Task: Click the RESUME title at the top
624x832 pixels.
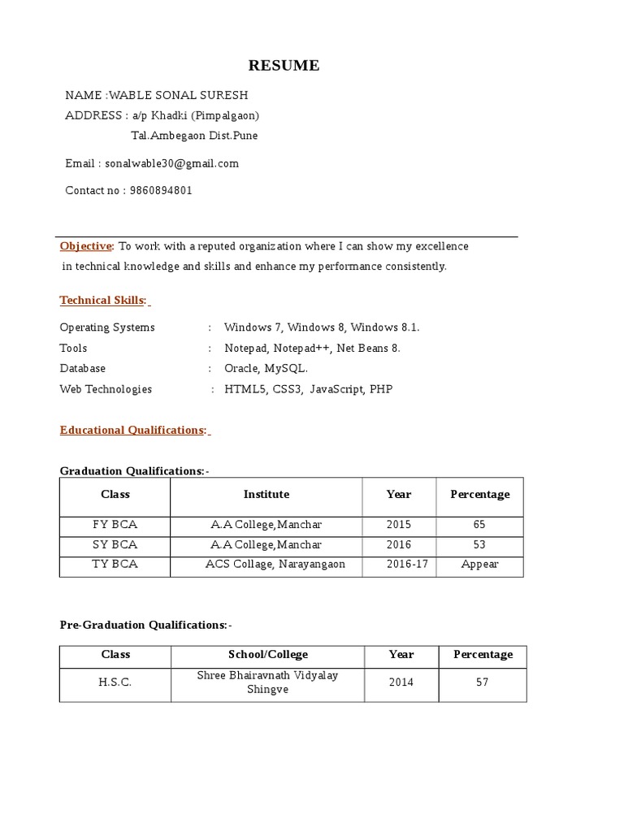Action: tap(284, 66)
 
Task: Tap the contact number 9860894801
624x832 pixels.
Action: tap(161, 191)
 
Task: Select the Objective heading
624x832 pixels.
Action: tap(85, 246)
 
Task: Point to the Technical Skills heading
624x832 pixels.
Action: tap(102, 301)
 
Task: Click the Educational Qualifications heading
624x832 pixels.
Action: tap(132, 431)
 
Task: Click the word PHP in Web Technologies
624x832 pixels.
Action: tap(380, 389)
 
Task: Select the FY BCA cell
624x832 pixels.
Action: tap(115, 525)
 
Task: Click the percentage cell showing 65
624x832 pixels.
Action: tap(479, 525)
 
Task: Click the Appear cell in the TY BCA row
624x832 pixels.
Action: tap(479, 564)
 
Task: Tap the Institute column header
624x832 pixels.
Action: tap(266, 494)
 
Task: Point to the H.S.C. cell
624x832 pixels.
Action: tap(115, 682)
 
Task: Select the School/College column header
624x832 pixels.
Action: tap(268, 654)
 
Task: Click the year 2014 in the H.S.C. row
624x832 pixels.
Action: tap(401, 682)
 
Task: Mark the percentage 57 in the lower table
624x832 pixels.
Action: tap(483, 682)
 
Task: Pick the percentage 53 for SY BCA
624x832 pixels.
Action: tap(479, 544)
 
